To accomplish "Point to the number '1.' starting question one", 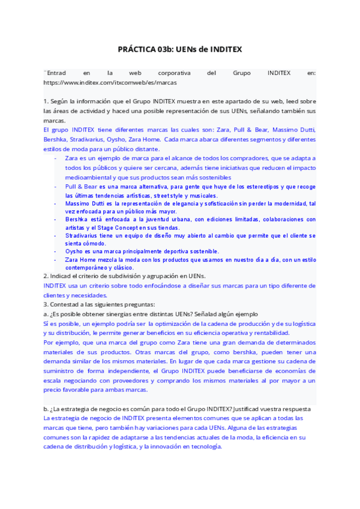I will (x=46, y=102).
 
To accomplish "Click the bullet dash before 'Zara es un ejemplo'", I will (x=55, y=158).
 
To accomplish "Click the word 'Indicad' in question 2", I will (x=62, y=276).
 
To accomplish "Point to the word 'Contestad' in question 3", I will (x=67, y=305).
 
